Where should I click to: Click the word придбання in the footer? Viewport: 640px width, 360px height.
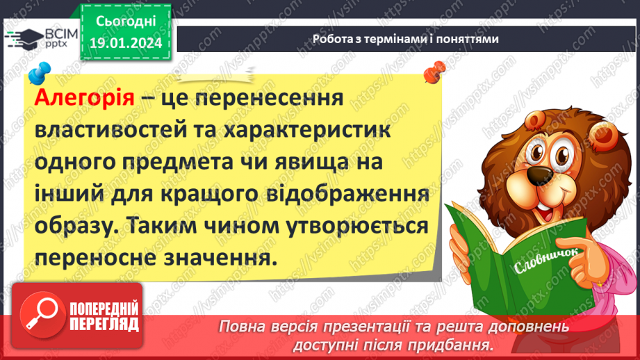coord(459,344)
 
